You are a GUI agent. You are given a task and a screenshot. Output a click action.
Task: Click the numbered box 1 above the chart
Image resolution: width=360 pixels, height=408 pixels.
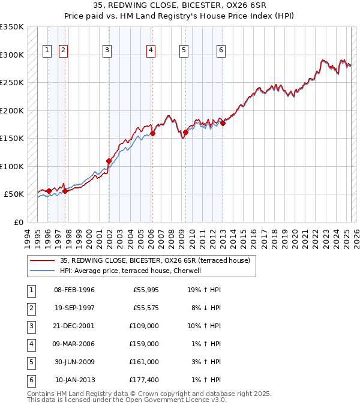pos(47,51)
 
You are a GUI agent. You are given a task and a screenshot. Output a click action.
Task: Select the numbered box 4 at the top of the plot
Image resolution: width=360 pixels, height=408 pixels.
pos(151,51)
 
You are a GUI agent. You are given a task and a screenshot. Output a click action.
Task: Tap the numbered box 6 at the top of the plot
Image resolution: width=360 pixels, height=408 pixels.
pos(221,51)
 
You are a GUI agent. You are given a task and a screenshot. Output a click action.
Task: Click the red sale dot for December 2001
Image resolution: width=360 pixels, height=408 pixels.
pos(109,161)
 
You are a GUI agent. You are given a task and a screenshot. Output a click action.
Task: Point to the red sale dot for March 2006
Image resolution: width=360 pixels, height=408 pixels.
pos(152,133)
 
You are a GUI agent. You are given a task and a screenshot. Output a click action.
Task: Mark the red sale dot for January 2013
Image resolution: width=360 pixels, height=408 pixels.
pos(223,123)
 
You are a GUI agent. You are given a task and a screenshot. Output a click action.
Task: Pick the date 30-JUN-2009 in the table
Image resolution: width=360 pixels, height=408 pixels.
pos(74,362)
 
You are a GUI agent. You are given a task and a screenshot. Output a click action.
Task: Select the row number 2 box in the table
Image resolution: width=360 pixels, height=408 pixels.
pos(31,308)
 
